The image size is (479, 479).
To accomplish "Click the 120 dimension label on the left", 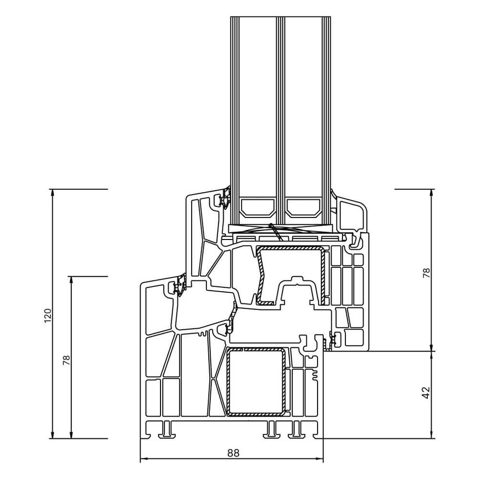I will coord(47,316).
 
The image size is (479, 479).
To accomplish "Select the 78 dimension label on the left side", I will coord(67,360).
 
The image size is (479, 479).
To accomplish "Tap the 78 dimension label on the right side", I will coord(426,273).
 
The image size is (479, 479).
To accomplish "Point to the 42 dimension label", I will coord(426,393).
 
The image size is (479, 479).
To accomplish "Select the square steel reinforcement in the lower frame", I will coord(255,382).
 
